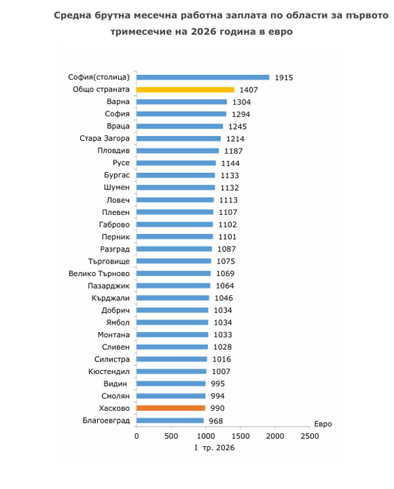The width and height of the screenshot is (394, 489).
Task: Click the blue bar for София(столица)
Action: point(203,78)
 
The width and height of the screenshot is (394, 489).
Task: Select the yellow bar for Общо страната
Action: point(185,90)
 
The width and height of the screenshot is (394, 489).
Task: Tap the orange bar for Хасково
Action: point(171,408)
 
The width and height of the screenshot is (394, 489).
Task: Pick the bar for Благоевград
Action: point(170,421)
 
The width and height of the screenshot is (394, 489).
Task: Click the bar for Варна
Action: point(182,102)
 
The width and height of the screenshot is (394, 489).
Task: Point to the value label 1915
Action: point(284,78)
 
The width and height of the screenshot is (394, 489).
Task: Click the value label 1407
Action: point(248,90)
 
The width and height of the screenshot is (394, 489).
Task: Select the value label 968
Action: point(216,421)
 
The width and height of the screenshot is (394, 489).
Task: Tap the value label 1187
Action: point(233,151)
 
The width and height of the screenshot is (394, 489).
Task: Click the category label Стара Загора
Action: point(104,139)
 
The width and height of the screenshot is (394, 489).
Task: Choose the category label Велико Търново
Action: point(99,273)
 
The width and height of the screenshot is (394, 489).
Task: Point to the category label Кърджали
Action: point(110,298)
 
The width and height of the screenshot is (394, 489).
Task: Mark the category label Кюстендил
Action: point(109,372)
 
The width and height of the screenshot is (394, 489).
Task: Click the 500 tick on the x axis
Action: point(171,436)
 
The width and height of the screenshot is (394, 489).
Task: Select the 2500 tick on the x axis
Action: point(309,436)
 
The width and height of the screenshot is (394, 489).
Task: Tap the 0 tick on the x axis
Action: point(137,436)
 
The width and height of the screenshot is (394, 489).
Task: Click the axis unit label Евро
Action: point(323,424)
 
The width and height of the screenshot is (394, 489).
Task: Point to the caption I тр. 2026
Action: point(214,448)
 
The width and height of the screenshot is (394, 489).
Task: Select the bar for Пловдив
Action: point(177,151)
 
